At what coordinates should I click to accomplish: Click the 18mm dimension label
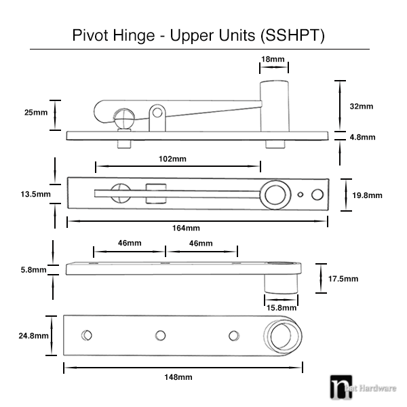click(273, 60)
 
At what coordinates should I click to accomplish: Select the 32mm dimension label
click(361, 106)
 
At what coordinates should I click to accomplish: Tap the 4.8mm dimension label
click(362, 137)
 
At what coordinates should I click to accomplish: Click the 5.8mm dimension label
click(33, 269)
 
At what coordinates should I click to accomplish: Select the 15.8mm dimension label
click(280, 307)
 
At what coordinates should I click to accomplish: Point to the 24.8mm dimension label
click(33, 335)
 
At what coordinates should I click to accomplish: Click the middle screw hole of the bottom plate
click(160, 334)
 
